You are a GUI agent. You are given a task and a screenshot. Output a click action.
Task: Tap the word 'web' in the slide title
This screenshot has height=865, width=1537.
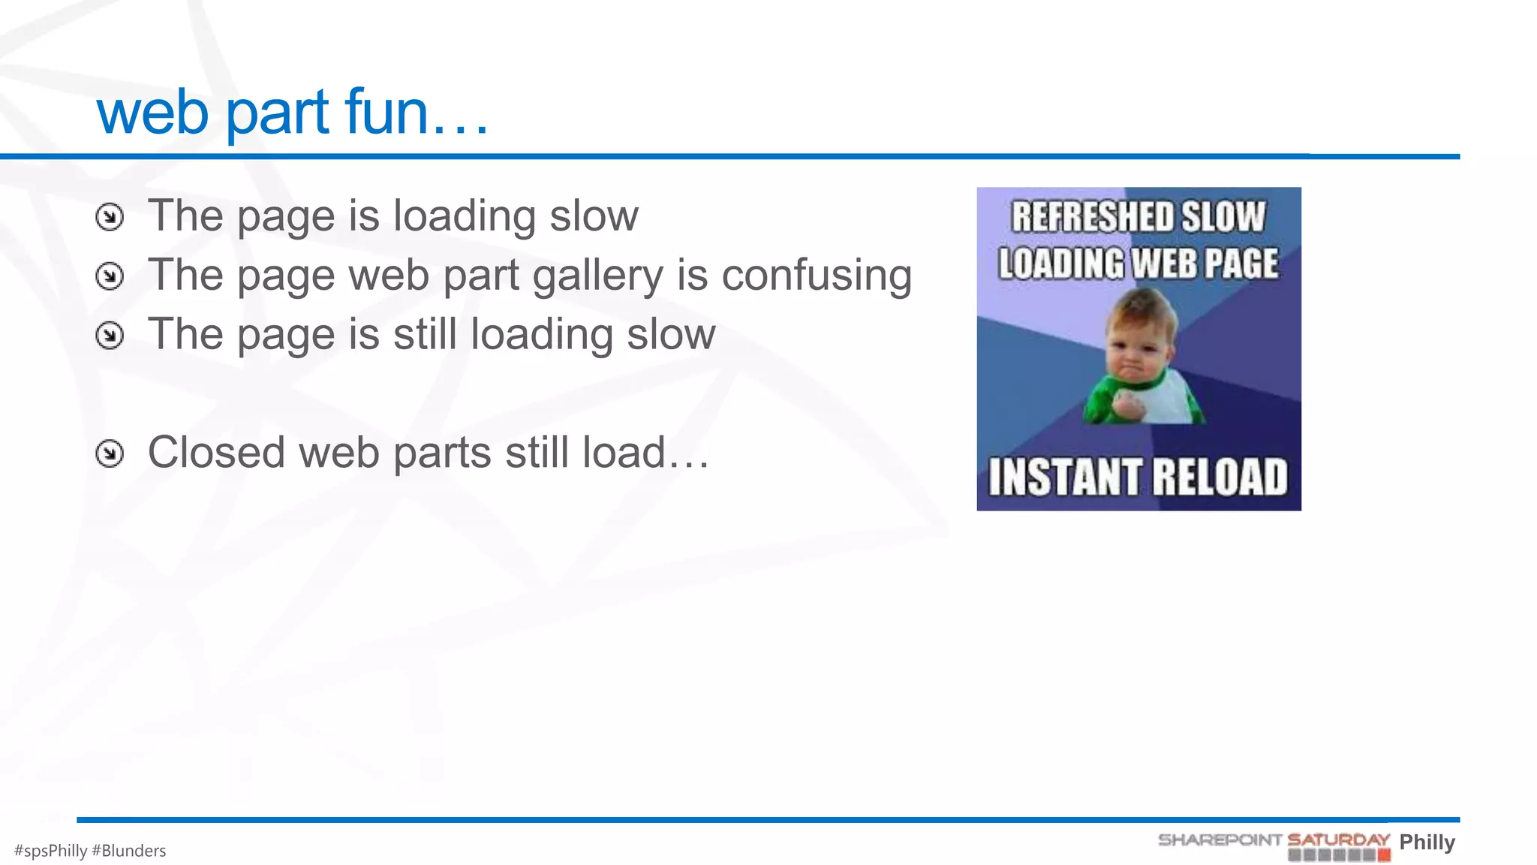[152, 113]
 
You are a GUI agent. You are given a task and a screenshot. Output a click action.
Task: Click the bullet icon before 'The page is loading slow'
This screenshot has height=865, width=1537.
[110, 218]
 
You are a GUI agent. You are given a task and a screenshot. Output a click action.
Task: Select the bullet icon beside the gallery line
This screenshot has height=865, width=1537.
[110, 276]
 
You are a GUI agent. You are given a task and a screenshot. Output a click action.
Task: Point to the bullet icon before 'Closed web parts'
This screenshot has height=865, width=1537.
[110, 454]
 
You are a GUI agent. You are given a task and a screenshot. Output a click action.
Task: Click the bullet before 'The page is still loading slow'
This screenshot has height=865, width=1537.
[110, 336]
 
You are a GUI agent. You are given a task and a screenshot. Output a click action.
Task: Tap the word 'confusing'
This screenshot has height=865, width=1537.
[817, 276]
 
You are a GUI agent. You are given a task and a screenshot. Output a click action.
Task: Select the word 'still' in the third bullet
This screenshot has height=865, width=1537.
[425, 334]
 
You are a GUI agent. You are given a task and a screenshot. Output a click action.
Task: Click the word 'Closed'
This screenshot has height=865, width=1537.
[216, 453]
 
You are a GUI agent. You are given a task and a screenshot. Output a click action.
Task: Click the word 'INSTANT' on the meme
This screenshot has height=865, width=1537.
[1064, 478]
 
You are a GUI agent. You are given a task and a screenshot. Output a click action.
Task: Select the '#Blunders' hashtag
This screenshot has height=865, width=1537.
[128, 851]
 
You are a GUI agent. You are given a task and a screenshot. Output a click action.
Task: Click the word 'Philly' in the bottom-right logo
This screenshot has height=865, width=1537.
[1427, 842]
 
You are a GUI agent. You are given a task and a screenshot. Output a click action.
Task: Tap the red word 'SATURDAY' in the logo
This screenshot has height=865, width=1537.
[1338, 839]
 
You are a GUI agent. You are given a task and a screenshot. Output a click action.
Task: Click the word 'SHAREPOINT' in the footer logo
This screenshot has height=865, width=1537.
[1220, 839]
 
